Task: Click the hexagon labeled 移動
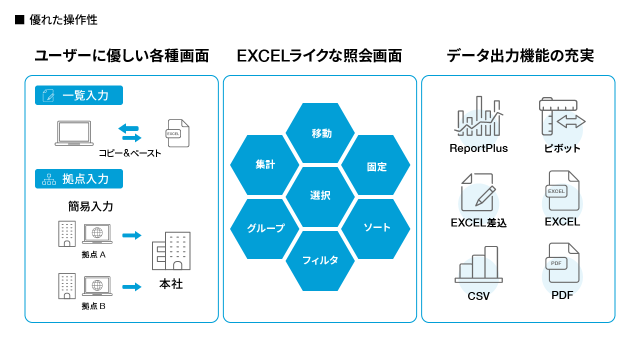click(x=320, y=133)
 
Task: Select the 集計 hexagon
click(x=264, y=165)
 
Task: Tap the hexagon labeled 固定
click(x=375, y=165)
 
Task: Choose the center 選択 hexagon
click(x=320, y=197)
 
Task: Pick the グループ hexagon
click(x=264, y=229)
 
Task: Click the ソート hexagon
click(x=375, y=229)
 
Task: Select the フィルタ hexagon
click(x=320, y=261)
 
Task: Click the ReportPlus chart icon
click(x=478, y=116)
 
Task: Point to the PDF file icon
click(x=562, y=263)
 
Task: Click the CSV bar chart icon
click(x=478, y=264)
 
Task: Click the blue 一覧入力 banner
click(x=79, y=95)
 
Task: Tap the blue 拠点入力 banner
click(x=79, y=179)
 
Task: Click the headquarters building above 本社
click(x=171, y=251)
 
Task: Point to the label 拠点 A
click(x=93, y=254)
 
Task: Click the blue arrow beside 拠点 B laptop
click(x=131, y=286)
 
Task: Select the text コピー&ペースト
click(x=129, y=153)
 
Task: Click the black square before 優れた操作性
click(x=19, y=19)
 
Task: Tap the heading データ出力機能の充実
click(x=520, y=55)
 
